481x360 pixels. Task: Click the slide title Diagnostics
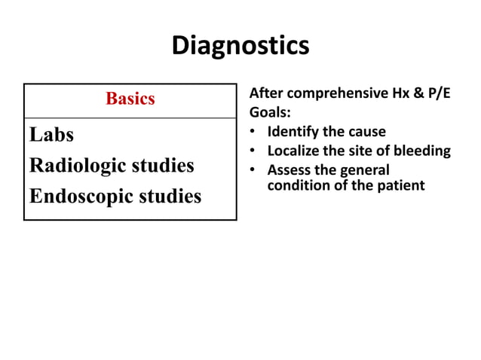point(240,45)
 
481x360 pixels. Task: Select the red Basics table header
point(130,99)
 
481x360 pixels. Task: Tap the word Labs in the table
point(51,135)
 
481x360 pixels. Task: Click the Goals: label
point(269,113)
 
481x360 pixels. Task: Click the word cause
point(366,132)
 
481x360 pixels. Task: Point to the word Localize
point(294,151)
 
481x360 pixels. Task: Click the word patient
point(401,185)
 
